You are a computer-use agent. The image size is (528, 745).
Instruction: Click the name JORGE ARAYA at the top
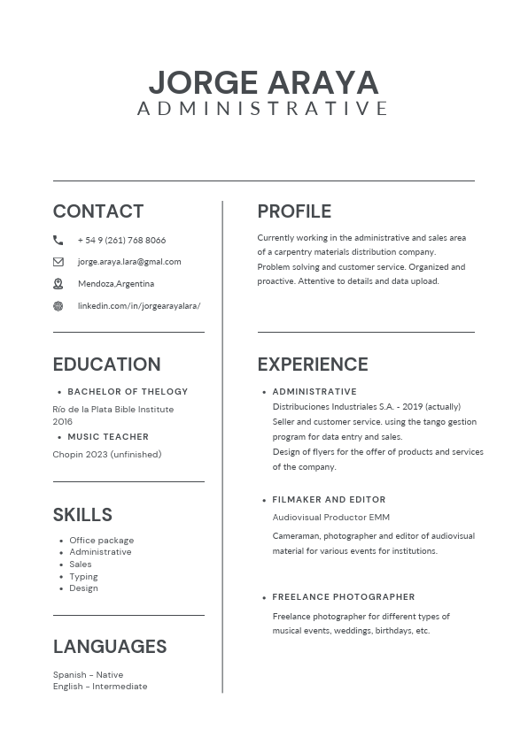(x=263, y=82)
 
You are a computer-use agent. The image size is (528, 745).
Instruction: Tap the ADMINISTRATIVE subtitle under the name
(x=263, y=109)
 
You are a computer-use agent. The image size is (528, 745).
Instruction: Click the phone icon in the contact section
(x=58, y=240)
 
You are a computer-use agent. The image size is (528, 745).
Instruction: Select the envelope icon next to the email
(x=58, y=262)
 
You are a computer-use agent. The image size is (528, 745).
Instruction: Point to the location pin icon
(x=58, y=284)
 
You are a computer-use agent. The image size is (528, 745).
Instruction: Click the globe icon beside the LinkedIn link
(x=58, y=306)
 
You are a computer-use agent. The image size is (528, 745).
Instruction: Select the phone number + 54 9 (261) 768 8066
(x=121, y=240)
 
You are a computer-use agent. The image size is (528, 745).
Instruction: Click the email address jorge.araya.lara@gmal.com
(x=129, y=262)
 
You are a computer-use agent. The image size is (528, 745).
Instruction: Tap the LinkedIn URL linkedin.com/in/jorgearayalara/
(x=139, y=306)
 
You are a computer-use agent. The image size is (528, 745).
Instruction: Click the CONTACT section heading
(x=98, y=211)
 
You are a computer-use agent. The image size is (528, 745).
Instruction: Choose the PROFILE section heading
(x=294, y=211)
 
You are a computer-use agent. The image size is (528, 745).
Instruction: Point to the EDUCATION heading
(x=106, y=365)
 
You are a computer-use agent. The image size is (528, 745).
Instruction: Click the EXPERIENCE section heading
(x=313, y=365)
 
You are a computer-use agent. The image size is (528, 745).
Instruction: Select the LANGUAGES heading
(x=110, y=647)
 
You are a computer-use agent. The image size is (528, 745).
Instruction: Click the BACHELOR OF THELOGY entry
(x=128, y=391)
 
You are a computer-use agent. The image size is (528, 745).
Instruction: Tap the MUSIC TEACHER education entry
(x=108, y=436)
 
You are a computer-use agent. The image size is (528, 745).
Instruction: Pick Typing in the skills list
(x=83, y=576)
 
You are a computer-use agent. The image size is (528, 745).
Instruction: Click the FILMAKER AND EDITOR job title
(x=329, y=499)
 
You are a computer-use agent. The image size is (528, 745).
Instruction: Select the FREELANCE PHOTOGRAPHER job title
(x=344, y=596)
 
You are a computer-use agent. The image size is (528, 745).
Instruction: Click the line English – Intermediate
(x=100, y=687)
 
